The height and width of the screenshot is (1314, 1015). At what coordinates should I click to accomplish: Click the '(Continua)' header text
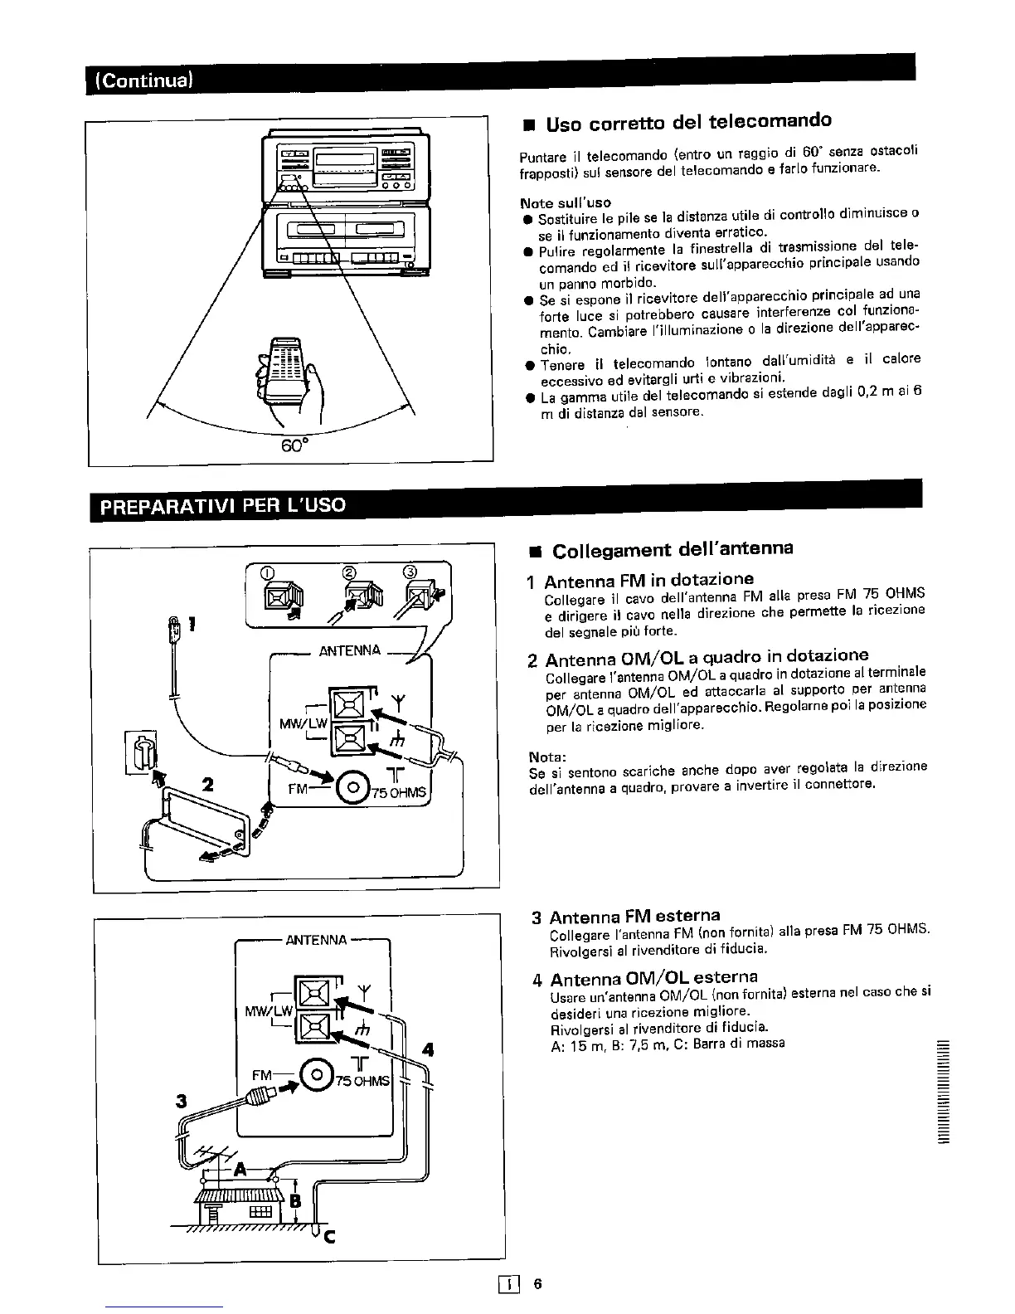tap(146, 80)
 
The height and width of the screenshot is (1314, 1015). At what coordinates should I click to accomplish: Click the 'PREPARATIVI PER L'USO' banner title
tap(223, 504)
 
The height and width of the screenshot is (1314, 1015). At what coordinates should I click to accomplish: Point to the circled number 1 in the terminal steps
tap(267, 572)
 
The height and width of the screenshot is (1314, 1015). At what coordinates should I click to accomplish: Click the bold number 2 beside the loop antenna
tap(208, 783)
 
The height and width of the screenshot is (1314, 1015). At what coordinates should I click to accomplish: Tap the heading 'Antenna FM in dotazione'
tap(649, 579)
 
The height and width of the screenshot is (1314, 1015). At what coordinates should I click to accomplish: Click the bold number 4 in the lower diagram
tap(428, 1049)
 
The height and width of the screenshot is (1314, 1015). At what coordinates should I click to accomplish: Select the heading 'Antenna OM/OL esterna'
tap(653, 977)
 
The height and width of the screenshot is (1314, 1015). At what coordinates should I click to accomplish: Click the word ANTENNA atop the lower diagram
tap(316, 940)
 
